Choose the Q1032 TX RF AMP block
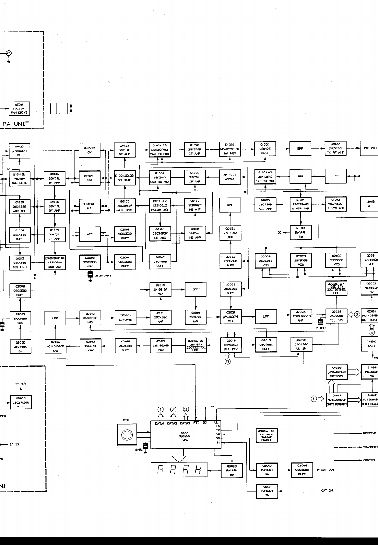[x=335, y=148]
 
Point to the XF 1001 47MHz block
[x=230, y=177]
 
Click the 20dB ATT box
[x=370, y=204]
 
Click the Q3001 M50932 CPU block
[x=185, y=435]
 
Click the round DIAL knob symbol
[x=127, y=434]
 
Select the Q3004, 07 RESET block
[x=266, y=435]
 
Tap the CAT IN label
[x=327, y=491]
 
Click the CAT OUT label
[x=328, y=470]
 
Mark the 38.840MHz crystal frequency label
[x=103, y=275]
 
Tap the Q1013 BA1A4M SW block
[x=300, y=232]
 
